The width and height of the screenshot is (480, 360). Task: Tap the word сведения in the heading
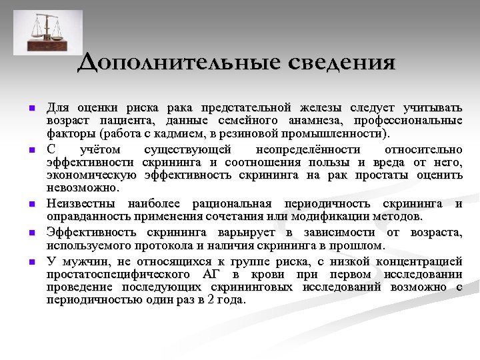(x=342, y=63)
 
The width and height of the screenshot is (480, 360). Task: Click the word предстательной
(x=247, y=107)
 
